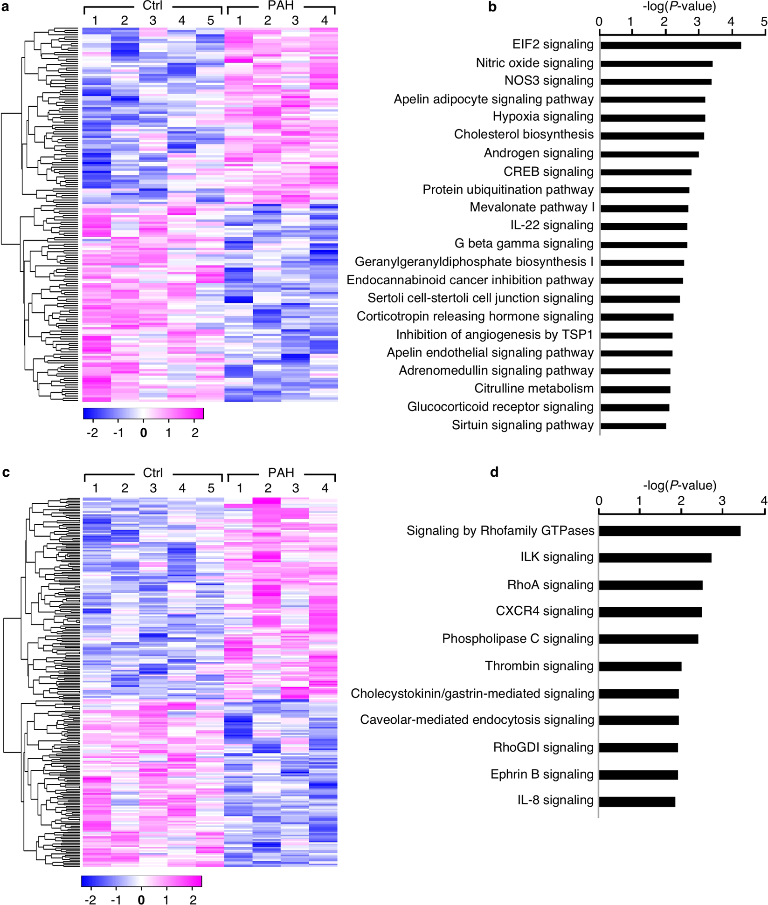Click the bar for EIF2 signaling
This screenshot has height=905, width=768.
point(670,45)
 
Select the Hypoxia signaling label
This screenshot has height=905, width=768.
point(543,117)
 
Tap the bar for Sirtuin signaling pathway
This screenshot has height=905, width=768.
point(633,425)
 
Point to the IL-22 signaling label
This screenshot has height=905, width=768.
point(552,226)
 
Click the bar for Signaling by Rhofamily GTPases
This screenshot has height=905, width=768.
point(669,531)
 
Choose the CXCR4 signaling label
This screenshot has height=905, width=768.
point(544,611)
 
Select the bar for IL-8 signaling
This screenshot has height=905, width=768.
point(637,802)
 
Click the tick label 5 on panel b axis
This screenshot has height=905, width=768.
point(763,21)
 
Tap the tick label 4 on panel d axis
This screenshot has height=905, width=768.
point(763,501)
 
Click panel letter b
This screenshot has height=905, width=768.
point(492,7)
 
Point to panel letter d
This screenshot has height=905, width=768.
point(494,473)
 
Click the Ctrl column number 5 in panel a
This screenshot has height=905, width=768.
point(210,21)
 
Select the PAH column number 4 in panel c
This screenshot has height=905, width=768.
point(325,488)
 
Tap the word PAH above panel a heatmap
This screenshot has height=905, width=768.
point(281,7)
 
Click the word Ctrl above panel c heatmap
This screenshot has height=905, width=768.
point(152,473)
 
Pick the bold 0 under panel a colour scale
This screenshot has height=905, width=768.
point(144,433)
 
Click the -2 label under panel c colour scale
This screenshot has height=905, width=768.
point(90,899)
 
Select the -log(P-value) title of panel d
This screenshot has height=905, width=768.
point(679,486)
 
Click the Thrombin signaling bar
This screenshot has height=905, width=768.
point(640,666)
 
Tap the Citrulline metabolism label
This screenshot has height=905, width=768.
point(533,389)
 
